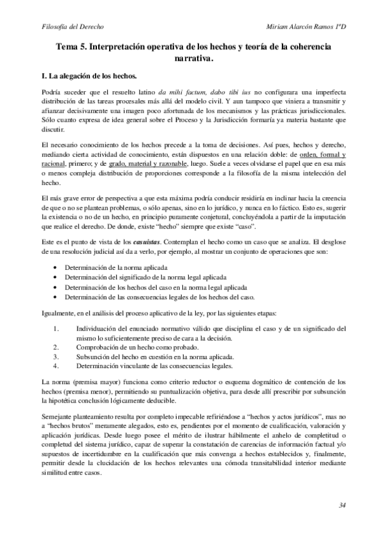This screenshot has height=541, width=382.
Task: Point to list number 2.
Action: (56, 347)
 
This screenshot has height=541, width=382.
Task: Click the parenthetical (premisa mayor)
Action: (91, 381)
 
